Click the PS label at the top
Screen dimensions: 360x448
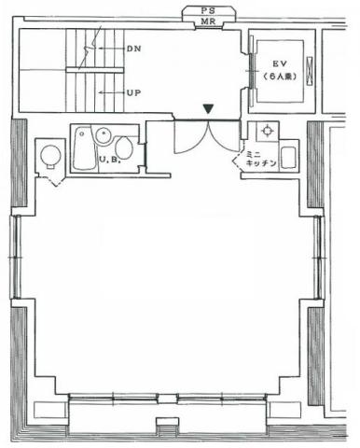tap(208, 11)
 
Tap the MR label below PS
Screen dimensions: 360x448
tap(208, 21)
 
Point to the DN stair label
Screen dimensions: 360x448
tap(133, 49)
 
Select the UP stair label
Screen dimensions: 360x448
tap(133, 92)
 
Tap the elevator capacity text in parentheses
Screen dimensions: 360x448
tap(279, 77)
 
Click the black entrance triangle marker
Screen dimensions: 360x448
tap(208, 109)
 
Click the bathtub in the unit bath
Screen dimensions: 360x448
tap(84, 148)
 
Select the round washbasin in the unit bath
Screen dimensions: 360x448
tap(103, 135)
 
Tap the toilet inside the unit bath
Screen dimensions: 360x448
tap(123, 147)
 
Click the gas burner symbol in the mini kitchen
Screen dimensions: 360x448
tap(267, 131)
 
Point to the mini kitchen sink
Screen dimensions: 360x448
tap(288, 157)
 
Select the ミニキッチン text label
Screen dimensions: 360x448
tap(261, 159)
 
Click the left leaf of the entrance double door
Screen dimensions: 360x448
tap(190, 137)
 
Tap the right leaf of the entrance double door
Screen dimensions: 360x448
tap(225, 136)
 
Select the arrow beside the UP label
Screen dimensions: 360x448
tap(112, 92)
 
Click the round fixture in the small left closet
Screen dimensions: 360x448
tap(50, 155)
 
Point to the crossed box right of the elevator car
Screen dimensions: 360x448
tap(310, 70)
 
